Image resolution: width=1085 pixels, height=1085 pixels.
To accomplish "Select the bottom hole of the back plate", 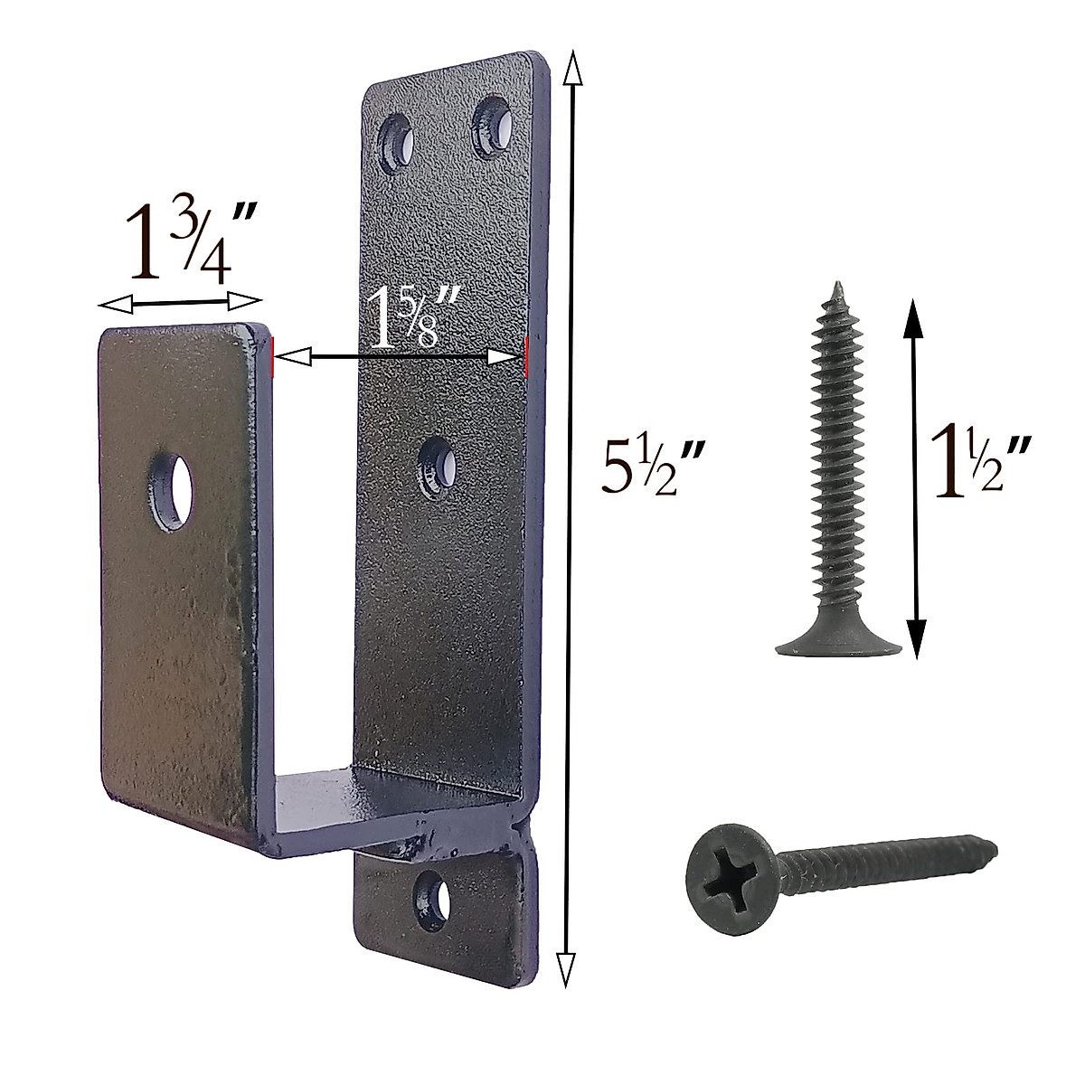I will coord(433,901).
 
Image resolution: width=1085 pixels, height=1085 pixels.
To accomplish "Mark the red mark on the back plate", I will coord(526,355).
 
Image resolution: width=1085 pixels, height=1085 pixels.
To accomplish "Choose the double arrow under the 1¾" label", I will coord(179,302).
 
